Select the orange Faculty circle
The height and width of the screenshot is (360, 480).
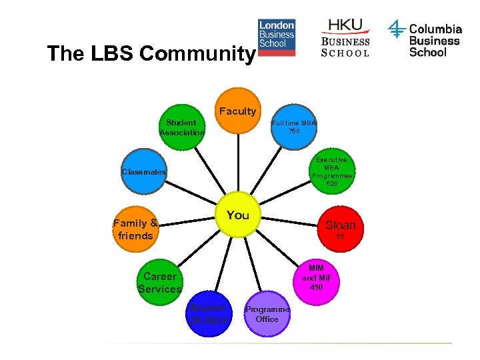(238, 111)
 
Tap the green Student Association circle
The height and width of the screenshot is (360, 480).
(182, 127)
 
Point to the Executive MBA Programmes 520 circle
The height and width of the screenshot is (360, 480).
(331, 171)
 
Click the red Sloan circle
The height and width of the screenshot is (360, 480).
(339, 227)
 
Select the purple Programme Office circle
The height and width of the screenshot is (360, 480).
(267, 313)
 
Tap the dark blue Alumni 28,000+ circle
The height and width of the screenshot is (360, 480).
(209, 313)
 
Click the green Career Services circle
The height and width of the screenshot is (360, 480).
(160, 283)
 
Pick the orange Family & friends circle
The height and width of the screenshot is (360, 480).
(135, 229)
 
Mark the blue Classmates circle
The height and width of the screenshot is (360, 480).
(143, 173)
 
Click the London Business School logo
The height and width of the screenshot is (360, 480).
(277, 38)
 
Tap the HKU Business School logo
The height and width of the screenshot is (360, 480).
(345, 38)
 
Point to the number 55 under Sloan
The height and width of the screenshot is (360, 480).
(340, 237)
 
